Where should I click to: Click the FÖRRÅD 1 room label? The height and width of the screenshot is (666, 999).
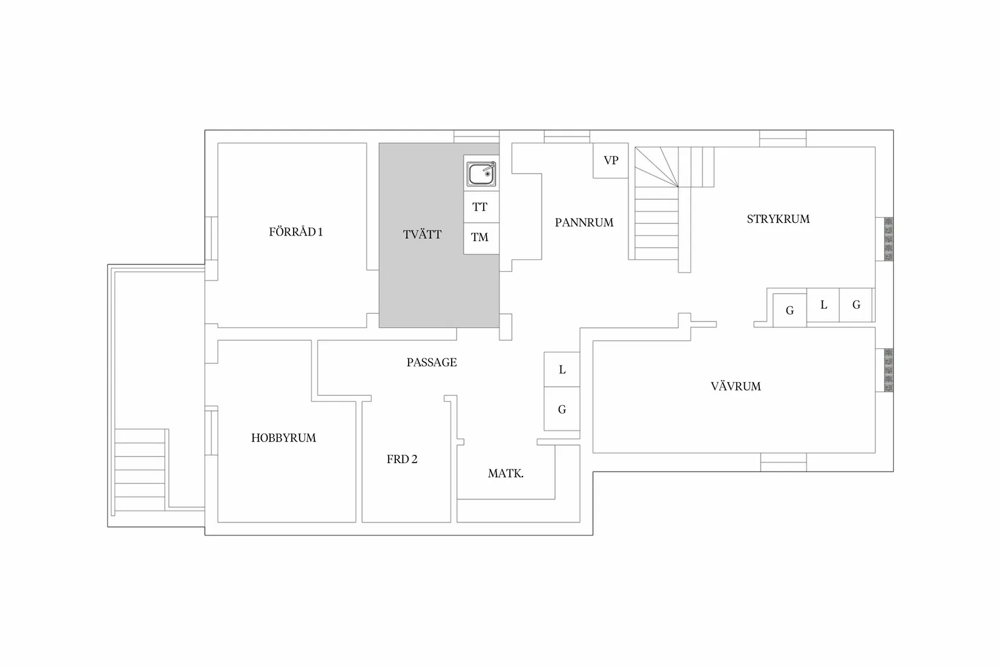click(x=295, y=232)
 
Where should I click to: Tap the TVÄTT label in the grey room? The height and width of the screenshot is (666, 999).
click(x=422, y=235)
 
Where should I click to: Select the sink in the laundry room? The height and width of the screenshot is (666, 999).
click(x=481, y=174)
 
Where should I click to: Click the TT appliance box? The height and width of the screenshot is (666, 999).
click(x=481, y=207)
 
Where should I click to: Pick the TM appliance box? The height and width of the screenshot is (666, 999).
click(x=481, y=239)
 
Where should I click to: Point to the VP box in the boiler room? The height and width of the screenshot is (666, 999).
click(x=610, y=160)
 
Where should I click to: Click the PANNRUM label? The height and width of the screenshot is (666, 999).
click(x=584, y=223)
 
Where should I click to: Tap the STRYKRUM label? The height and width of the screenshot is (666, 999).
click(x=778, y=219)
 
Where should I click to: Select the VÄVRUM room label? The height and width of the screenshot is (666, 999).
click(x=736, y=386)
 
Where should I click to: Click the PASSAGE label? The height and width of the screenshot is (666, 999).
click(x=432, y=362)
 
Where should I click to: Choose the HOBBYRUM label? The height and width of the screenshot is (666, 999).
click(x=283, y=438)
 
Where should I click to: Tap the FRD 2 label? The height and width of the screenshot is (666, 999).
click(x=402, y=459)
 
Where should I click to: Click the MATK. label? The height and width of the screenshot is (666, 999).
click(x=506, y=473)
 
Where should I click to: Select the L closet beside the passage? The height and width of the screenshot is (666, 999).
click(x=562, y=369)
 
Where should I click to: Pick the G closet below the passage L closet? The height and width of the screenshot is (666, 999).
click(x=562, y=409)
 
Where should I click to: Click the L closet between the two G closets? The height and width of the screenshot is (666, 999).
click(x=823, y=305)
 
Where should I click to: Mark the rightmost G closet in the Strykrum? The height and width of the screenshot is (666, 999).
click(x=856, y=305)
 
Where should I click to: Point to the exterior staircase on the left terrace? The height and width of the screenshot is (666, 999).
click(x=140, y=470)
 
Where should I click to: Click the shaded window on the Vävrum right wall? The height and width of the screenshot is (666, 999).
click(x=888, y=371)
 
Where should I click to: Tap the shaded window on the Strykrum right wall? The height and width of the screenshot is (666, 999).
click(x=888, y=239)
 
